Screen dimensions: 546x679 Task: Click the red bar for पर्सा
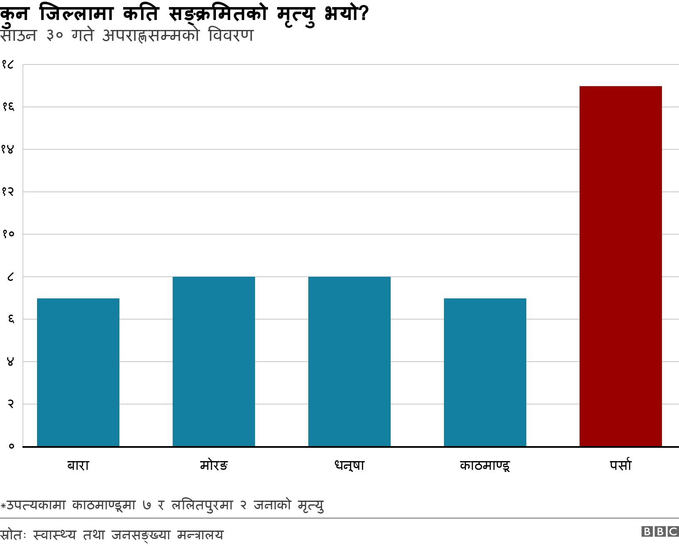point(620,266)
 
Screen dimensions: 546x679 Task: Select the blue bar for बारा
point(78,372)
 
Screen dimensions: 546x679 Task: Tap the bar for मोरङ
point(214,362)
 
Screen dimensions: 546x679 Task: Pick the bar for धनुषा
point(349,362)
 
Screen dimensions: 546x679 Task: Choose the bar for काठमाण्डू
point(485,372)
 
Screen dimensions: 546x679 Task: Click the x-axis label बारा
point(78,465)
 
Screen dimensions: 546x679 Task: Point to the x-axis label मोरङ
point(214,465)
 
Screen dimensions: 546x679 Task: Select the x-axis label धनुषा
point(349,465)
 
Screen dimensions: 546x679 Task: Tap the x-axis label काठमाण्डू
point(485,465)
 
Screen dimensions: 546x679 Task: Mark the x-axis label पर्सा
point(620,465)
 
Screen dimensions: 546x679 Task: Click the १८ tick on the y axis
point(8,65)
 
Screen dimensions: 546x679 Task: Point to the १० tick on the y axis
point(8,234)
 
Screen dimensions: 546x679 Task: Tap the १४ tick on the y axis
point(8,149)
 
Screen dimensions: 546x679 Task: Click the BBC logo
point(660,531)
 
